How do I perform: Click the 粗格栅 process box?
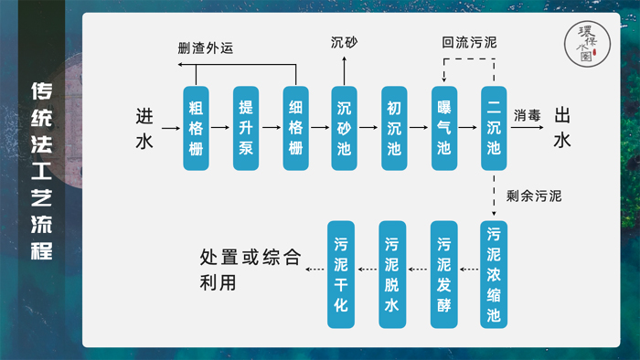pos(196,128)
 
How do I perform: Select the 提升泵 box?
pos(245,128)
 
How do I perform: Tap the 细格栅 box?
pos(294,128)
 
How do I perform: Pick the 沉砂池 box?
pos(344,128)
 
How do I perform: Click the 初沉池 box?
pos(394,128)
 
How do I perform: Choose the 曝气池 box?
pos(444,128)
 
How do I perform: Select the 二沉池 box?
pos(494,128)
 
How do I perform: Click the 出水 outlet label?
pos(562,127)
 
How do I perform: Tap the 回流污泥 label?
pos(469,43)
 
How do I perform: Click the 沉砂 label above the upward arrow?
pos(344,43)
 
